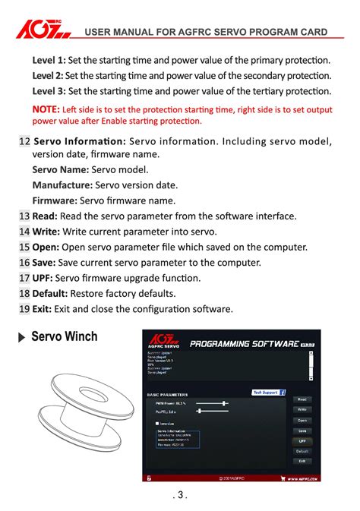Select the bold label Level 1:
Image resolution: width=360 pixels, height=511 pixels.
tap(49, 60)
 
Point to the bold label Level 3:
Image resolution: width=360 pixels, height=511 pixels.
tap(49, 91)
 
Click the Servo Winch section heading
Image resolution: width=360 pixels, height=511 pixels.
tap(65, 336)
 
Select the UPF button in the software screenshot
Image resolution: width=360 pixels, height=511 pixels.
tap(302, 440)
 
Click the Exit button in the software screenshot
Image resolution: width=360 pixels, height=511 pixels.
tap(302, 461)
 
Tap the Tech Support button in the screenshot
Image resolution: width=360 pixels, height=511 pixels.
tap(268, 393)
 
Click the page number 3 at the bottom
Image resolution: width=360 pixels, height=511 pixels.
tap(180, 496)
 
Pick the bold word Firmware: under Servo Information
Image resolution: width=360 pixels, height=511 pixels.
tap(55, 201)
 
